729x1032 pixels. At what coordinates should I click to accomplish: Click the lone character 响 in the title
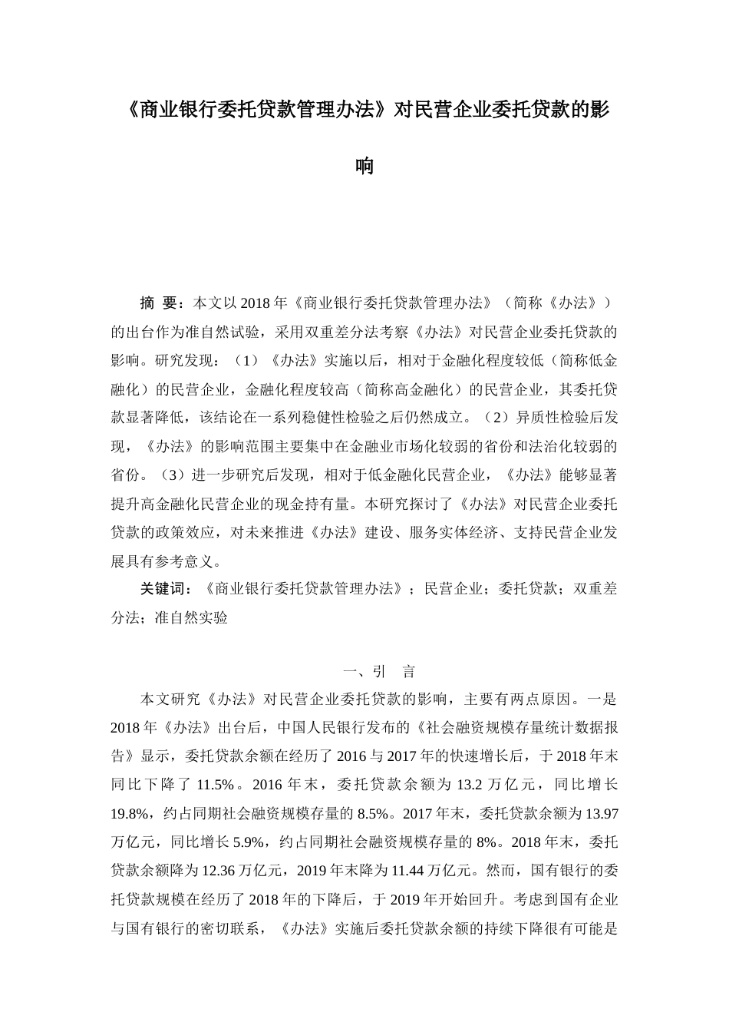[x=364, y=166]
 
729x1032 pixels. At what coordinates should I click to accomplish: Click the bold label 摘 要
[x=160, y=303]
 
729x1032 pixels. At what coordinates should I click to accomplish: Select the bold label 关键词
[x=165, y=589]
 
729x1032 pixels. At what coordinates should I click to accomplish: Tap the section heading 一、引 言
[x=380, y=672]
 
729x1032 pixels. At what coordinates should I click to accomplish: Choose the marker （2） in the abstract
[x=497, y=418]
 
